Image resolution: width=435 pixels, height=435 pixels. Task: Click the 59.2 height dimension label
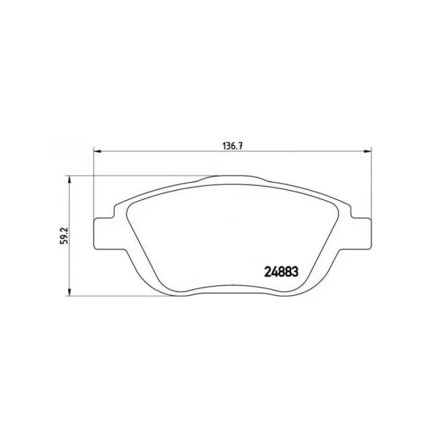tap(64, 237)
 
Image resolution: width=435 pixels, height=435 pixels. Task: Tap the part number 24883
tap(281, 272)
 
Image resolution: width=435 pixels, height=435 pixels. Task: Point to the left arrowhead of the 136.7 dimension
tap(96, 151)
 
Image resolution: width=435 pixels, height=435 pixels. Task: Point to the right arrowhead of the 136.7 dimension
tap(368, 151)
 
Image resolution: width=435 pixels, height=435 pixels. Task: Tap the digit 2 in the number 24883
tap(268, 272)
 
